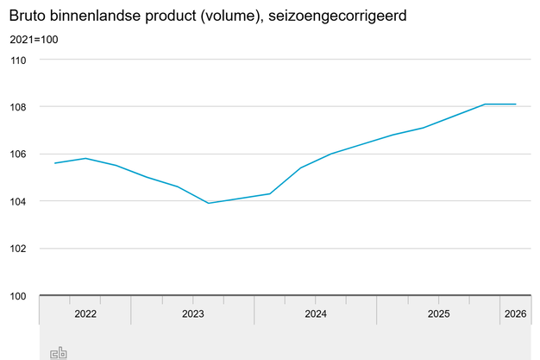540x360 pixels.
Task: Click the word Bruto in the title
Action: [x=28, y=16]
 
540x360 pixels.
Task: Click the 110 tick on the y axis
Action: [x=19, y=60]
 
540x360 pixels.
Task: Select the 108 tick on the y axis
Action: [x=19, y=107]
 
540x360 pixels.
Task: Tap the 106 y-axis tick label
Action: [x=19, y=154]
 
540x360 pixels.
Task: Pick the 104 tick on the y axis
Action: [x=19, y=201]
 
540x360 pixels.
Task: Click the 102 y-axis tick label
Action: [x=19, y=249]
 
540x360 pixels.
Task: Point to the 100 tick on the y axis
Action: [x=19, y=296]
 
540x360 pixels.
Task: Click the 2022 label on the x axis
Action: [x=85, y=313]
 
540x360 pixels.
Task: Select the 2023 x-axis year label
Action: [x=192, y=313]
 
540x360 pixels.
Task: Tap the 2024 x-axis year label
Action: [x=316, y=313]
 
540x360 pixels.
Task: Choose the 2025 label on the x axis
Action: [x=439, y=313]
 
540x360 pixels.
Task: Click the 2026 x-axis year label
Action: [x=515, y=313]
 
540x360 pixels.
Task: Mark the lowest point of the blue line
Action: [x=209, y=203]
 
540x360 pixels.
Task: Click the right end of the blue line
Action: [x=516, y=104]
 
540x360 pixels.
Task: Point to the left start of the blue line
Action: [x=55, y=163]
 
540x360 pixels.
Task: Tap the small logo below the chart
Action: [x=59, y=352]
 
